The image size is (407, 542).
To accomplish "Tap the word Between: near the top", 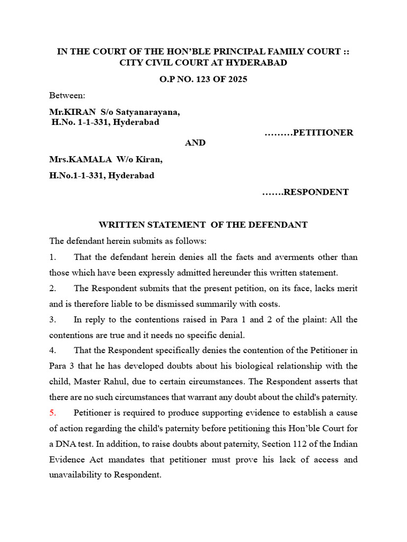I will pos(67,95).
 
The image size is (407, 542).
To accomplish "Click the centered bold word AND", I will pos(195,143).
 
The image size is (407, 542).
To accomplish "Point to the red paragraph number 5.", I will pos(52,412).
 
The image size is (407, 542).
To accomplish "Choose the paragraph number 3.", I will pos(52,319).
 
